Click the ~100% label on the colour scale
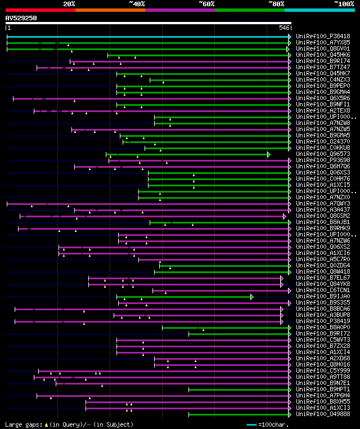[344, 4]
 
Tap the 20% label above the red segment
[69, 4]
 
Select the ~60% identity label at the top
[206, 4]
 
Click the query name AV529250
[21, 18]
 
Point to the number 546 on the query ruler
[284, 28]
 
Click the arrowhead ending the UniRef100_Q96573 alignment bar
[269, 154]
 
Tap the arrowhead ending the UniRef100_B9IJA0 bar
[252, 297]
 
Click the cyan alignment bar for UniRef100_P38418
[146, 37]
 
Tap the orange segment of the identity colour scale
[110, 10]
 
